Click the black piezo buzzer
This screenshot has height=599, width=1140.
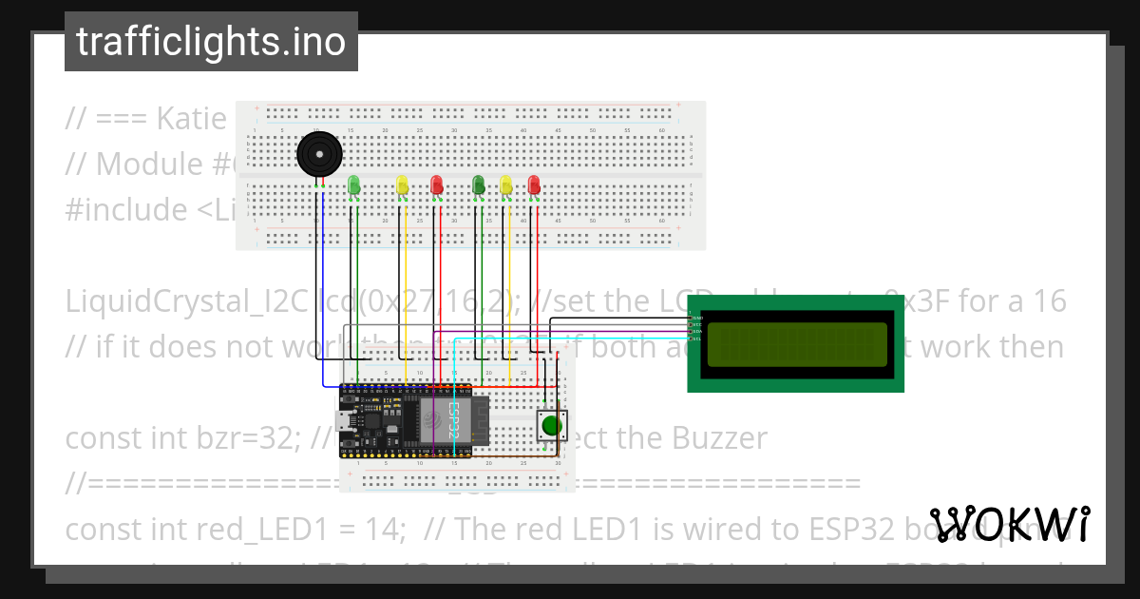pos(318,154)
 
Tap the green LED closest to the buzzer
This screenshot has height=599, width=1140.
pos(354,184)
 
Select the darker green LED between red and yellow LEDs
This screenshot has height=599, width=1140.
pos(479,184)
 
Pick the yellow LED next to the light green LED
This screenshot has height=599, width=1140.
pos(402,184)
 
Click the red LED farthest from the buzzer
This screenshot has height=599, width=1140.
pos(534,184)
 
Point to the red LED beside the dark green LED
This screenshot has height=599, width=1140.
pos(437,184)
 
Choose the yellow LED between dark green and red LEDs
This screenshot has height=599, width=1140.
pos(505,184)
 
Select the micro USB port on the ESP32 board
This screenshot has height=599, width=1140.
pos(344,421)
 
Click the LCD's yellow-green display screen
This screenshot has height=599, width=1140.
pos(797,343)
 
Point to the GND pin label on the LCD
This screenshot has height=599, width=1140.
pos(697,317)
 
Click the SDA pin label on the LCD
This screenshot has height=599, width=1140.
pos(697,332)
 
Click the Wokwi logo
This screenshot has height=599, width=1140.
pos(1010,525)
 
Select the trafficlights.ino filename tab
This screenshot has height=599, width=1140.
pos(211,42)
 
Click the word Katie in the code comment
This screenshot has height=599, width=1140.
pos(192,119)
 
